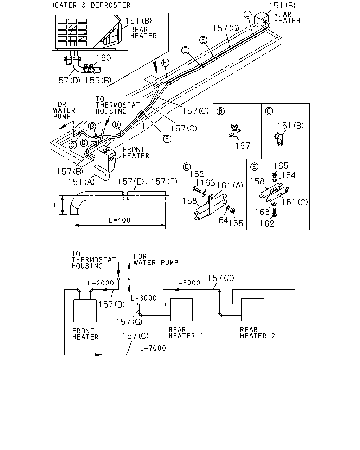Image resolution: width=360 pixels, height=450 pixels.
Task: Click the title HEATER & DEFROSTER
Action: point(90,5)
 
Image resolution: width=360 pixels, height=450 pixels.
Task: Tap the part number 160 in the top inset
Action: point(104,58)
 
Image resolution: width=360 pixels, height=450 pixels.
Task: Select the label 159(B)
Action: point(98,80)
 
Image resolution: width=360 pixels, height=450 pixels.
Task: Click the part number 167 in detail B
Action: point(243,146)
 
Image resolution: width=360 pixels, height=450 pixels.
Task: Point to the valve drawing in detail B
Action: point(234,131)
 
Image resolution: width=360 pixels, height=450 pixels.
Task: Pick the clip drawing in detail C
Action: point(278,139)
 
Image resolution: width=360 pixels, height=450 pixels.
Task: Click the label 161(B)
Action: point(290,126)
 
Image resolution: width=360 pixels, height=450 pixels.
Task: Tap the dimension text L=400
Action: point(120,220)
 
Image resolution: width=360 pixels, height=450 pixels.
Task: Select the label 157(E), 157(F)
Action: point(147,181)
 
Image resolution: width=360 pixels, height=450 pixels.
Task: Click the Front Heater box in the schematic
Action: point(85,310)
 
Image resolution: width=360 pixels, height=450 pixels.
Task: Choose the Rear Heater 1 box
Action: point(181,309)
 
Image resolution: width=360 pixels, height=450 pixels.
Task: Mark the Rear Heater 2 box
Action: point(253,309)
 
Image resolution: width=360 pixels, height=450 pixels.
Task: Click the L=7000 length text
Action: point(153,348)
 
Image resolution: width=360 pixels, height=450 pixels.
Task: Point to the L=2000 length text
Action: point(101,283)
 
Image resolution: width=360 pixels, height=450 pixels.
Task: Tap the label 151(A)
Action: point(81,182)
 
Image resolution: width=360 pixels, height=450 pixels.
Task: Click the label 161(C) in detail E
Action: point(295,202)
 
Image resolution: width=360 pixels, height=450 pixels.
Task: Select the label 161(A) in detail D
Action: point(230,185)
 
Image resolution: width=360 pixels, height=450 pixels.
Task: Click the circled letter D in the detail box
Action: point(187,167)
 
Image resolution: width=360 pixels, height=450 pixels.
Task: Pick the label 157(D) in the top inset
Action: point(67,80)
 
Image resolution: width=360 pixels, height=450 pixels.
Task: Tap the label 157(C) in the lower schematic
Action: point(135,336)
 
